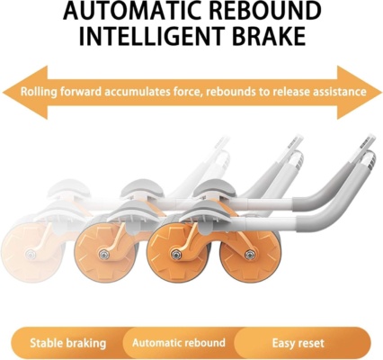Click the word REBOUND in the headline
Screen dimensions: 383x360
tap(260, 11)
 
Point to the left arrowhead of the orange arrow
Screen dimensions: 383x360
tap(25, 92)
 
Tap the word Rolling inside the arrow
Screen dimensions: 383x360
tap(39, 92)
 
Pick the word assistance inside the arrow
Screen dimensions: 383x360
tap(339, 92)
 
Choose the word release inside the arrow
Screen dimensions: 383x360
tap(290, 92)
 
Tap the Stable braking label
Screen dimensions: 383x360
tap(68, 343)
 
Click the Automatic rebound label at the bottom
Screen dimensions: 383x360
tap(179, 343)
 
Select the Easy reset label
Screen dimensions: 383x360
tap(298, 343)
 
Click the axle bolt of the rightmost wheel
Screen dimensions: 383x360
tap(250, 255)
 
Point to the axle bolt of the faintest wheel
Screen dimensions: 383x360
tap(31, 255)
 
